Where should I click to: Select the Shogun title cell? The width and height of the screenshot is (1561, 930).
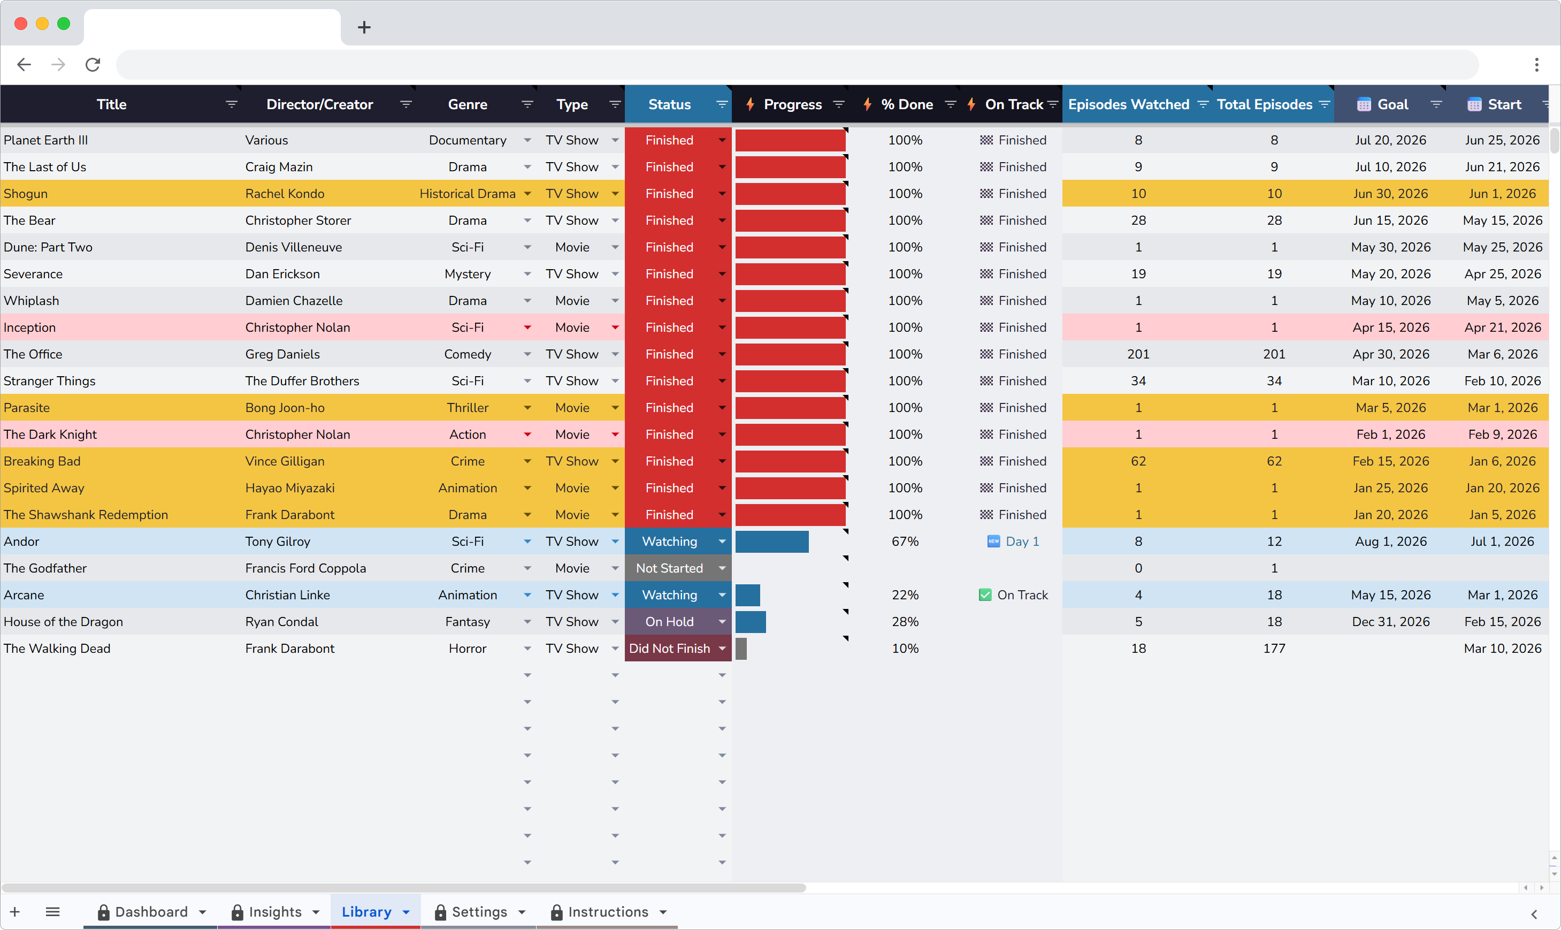tap(26, 194)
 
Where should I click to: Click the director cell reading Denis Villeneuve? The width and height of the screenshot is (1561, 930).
tap(293, 247)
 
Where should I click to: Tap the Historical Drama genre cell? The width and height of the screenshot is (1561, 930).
tap(468, 194)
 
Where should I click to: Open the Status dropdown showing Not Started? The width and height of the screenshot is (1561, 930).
tap(722, 568)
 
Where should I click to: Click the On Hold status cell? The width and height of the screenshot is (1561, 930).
tap(669, 622)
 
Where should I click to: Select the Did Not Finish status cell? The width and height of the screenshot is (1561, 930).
tap(669, 649)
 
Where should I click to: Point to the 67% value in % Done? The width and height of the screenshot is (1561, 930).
tap(905, 542)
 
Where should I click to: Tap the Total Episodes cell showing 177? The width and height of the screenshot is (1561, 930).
tap(1274, 649)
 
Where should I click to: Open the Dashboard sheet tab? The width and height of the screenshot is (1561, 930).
tap(151, 912)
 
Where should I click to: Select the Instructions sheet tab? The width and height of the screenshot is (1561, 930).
tap(608, 912)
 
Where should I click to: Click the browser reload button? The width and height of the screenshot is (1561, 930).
tap(93, 65)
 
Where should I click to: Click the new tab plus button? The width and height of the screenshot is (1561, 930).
tap(364, 27)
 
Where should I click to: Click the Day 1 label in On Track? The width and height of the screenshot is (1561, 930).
tap(1022, 542)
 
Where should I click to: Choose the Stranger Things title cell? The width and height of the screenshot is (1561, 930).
tap(50, 381)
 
